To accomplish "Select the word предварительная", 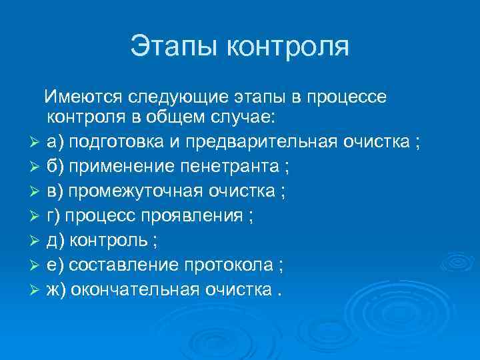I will tap(255, 143).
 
